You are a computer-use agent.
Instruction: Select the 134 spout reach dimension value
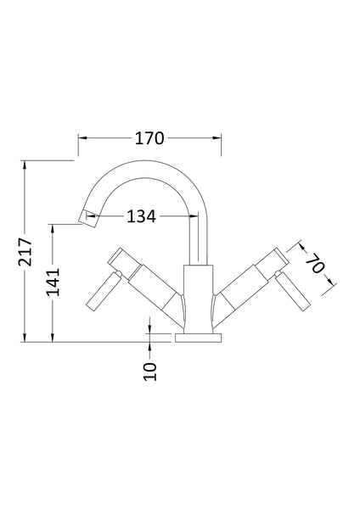(141, 216)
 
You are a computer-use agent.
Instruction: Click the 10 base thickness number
(149, 371)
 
